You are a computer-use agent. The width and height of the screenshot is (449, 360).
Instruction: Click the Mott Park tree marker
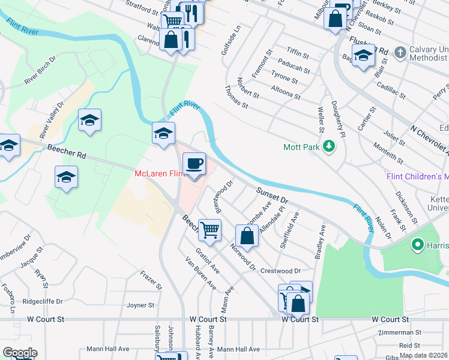tap(328, 146)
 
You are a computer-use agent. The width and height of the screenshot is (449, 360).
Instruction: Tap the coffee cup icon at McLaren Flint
tap(194, 164)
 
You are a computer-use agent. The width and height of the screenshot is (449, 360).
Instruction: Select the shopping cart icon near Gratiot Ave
tap(209, 230)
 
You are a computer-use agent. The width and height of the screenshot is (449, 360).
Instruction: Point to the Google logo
tap(20, 353)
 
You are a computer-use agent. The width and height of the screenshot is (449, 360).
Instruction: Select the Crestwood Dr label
tap(280, 271)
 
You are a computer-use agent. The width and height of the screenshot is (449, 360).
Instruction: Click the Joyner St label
tap(140, 305)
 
